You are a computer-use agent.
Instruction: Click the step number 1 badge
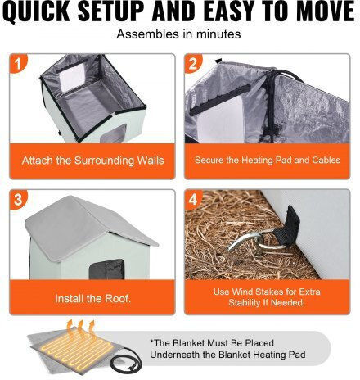(18, 63)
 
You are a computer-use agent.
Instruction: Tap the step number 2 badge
(193, 63)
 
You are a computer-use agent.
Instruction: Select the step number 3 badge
(18, 200)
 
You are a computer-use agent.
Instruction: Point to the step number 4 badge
(193, 200)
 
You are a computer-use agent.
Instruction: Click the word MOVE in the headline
(326, 11)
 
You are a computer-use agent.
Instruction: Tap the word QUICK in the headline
(38, 11)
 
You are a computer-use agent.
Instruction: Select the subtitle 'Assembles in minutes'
(178, 34)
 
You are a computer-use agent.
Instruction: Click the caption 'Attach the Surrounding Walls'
(92, 161)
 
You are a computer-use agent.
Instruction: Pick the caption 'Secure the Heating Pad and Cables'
(268, 160)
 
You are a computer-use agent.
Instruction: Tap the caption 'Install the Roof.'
(92, 298)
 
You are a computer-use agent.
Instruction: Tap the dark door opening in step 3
(107, 269)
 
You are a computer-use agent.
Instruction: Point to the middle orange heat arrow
(81, 329)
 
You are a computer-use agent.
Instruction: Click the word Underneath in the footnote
(175, 355)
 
